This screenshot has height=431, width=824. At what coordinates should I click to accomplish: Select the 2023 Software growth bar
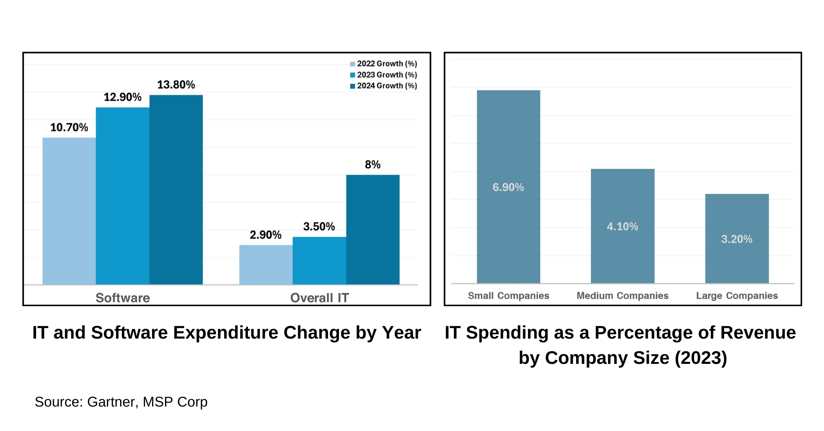[x=123, y=196]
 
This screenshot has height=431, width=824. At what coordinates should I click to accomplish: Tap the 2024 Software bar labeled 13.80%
[x=176, y=189]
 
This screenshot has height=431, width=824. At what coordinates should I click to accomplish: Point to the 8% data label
[x=373, y=165]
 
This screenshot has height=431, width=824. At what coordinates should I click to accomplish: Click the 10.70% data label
[x=69, y=127]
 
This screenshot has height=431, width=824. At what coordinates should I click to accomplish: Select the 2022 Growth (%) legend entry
[x=383, y=64]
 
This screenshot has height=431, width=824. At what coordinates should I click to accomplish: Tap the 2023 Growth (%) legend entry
[x=383, y=75]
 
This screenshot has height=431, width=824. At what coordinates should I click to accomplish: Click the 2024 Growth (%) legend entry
[x=383, y=86]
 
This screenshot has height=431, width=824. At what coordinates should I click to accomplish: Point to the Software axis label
[x=123, y=298]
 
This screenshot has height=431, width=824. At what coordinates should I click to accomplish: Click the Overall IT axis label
[x=320, y=298]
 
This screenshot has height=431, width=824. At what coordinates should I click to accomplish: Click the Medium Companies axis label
[x=623, y=295]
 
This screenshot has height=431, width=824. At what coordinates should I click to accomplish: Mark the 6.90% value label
[x=508, y=187]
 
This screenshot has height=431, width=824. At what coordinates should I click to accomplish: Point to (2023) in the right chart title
[x=701, y=358]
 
